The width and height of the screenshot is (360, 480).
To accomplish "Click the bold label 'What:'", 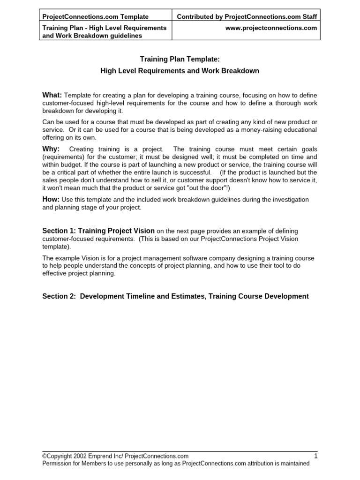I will [52, 95].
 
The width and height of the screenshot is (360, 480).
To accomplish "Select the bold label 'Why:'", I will [51, 149].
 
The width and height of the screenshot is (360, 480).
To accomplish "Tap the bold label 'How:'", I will [51, 199].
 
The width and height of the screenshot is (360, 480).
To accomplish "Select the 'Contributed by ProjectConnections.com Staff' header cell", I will [247, 17].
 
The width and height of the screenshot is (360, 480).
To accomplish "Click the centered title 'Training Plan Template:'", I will [180, 60].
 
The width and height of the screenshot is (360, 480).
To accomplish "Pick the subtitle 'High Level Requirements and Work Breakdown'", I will [180, 71].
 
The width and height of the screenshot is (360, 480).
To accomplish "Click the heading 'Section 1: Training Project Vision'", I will [98, 231].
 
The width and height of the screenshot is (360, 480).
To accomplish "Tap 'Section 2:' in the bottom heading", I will [59, 296].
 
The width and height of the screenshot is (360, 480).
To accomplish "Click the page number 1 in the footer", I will [315, 456].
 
